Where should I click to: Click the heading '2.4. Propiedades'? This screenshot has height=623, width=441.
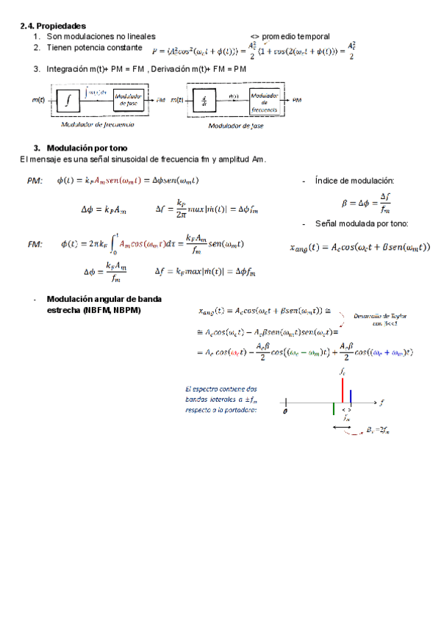[53, 26]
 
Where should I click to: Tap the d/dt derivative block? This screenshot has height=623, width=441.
[203, 101]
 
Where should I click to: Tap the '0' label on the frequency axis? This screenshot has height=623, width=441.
[284, 411]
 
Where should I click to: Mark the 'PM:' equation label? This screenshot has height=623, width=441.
[35, 181]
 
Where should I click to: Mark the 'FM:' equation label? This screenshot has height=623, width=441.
[35, 243]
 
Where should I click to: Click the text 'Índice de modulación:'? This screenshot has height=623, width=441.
[354, 181]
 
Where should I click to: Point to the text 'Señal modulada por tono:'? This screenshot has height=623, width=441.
[360, 224]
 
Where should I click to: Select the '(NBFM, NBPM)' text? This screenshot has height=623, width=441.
[93, 309]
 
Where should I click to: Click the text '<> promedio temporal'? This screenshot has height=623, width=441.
[290, 36]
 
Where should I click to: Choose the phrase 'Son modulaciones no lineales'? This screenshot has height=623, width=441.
[101, 36]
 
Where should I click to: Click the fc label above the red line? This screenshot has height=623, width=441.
[343, 373]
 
